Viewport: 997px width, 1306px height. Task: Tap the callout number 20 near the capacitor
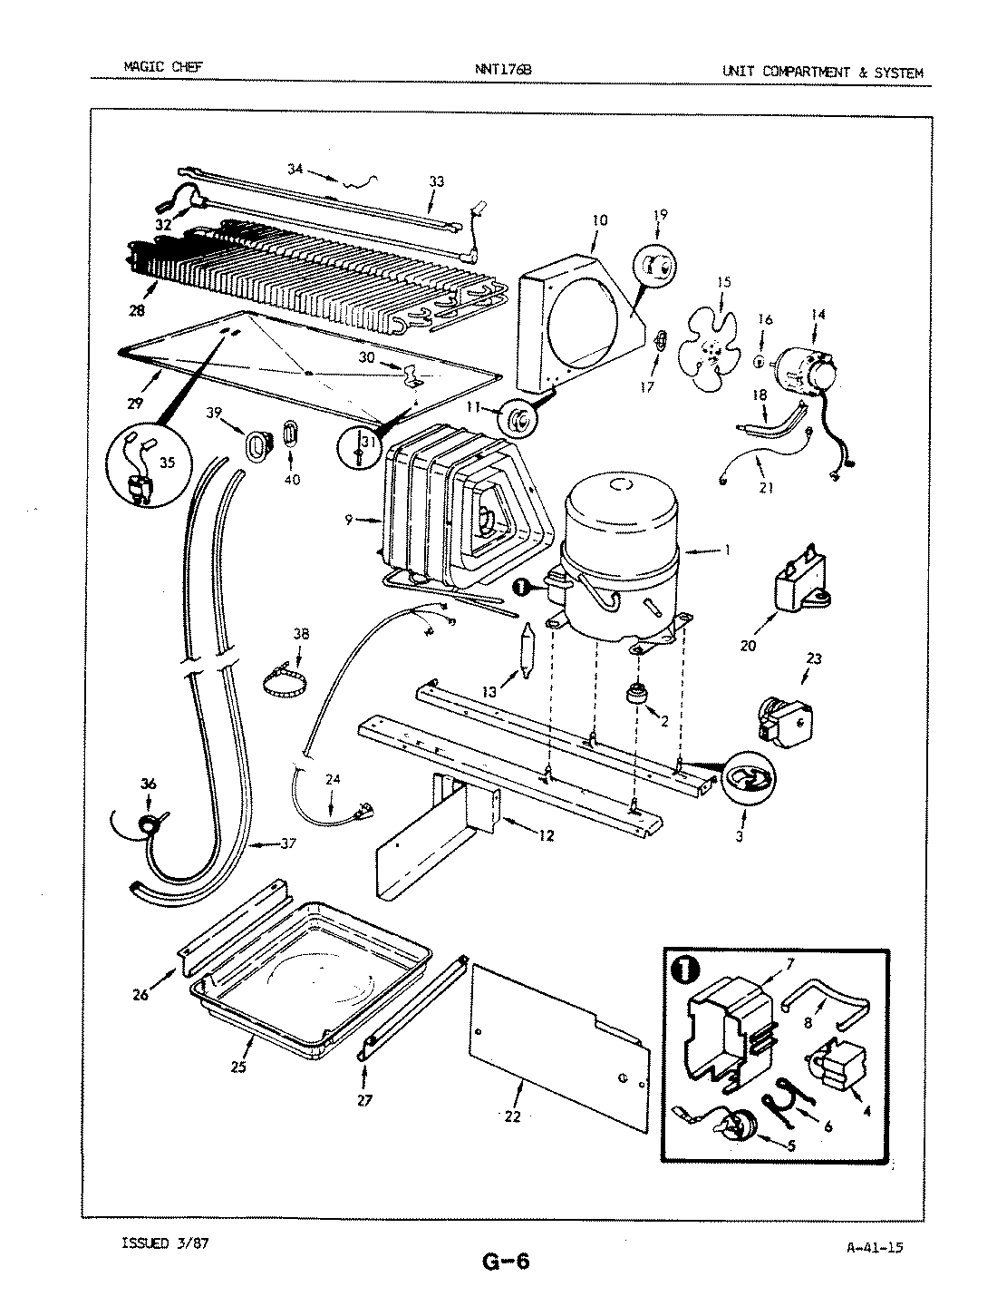(x=748, y=645)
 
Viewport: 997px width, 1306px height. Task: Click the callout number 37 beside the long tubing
(x=287, y=844)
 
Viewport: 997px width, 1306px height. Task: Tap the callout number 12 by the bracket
(x=546, y=835)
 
